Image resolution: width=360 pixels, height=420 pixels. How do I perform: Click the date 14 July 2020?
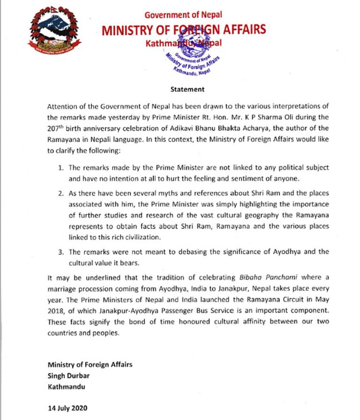67,408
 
